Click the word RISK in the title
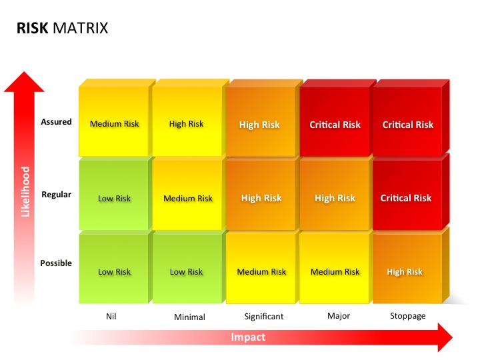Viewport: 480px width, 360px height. click(x=32, y=29)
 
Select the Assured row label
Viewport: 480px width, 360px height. click(x=56, y=122)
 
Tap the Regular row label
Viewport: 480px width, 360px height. click(x=56, y=195)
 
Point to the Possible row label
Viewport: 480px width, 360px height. click(x=56, y=263)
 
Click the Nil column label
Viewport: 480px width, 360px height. click(x=111, y=316)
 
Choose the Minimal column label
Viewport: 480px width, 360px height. click(x=189, y=317)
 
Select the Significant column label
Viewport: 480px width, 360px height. click(x=263, y=316)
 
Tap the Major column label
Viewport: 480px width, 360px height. click(x=339, y=316)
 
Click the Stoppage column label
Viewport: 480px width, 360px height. click(x=407, y=316)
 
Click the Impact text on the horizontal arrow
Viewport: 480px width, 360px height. click(x=248, y=337)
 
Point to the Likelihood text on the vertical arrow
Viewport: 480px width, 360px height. click(x=26, y=192)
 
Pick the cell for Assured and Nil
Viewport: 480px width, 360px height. click(x=115, y=124)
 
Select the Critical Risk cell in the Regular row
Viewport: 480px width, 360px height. click(x=406, y=198)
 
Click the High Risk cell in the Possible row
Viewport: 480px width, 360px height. click(x=405, y=272)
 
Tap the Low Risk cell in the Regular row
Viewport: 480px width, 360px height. click(x=115, y=199)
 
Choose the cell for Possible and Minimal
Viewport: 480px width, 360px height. click(x=187, y=272)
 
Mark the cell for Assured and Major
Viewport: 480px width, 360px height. click(x=335, y=125)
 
